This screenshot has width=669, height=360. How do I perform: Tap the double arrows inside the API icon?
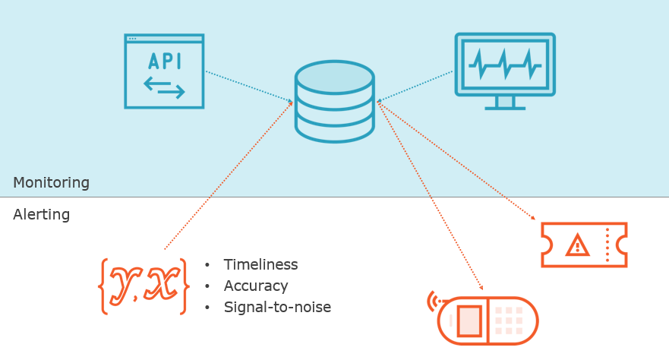pyautogui.click(x=164, y=86)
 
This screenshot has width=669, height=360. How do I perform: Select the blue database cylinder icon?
pyautogui.click(x=334, y=103)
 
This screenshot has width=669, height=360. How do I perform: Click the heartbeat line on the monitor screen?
pyautogui.click(x=504, y=65)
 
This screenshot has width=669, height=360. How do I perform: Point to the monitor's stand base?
pyautogui.click(x=505, y=106)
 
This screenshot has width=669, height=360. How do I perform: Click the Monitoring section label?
pyautogui.click(x=51, y=183)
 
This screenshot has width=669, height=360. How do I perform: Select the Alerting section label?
pyautogui.click(x=41, y=215)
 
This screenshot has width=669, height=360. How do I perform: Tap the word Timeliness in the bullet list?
pyautogui.click(x=260, y=265)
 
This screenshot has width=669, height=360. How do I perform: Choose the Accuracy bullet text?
pyautogui.click(x=256, y=286)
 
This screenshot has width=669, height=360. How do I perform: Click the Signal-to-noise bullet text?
pyautogui.click(x=277, y=308)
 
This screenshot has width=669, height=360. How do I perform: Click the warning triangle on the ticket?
pyautogui.click(x=577, y=245)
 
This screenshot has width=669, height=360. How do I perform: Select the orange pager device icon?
pyautogui.click(x=488, y=320)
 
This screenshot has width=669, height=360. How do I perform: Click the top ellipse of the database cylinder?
pyautogui.click(x=334, y=77)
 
